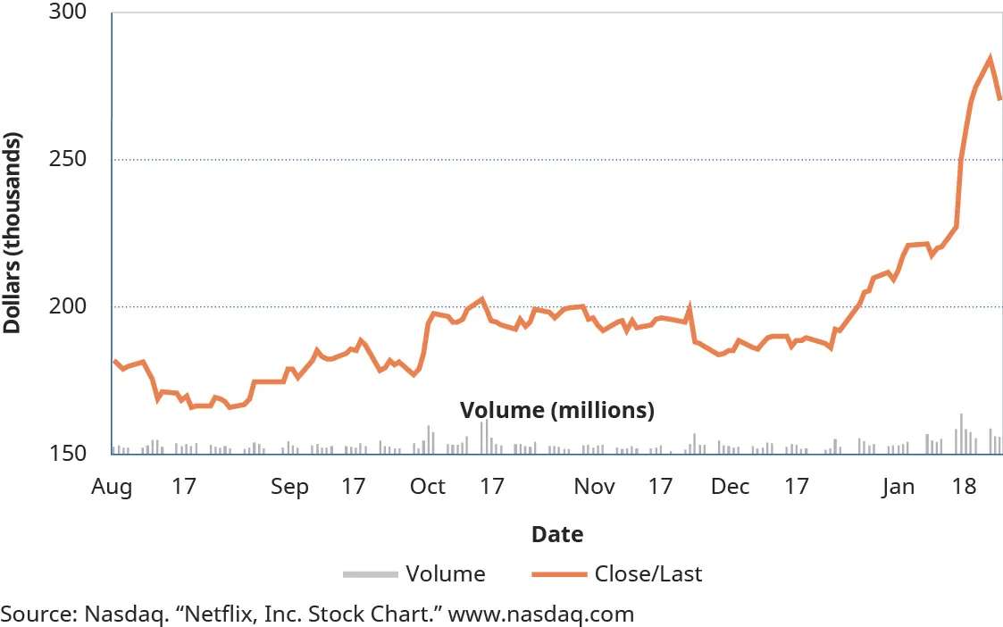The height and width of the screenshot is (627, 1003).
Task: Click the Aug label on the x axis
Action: pos(112,487)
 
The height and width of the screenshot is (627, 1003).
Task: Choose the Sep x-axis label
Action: pos(289,487)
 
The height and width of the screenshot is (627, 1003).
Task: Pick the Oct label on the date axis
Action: pos(428,487)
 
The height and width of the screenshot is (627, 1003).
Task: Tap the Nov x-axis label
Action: pos(594,487)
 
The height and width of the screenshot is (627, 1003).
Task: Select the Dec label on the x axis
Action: pos(731,487)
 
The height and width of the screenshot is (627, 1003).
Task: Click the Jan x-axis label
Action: pos(899,487)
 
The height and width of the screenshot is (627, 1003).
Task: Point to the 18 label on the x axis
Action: pos(964,487)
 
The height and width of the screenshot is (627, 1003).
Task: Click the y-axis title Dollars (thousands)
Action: pos(13,233)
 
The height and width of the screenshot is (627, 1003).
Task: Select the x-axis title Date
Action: pos(557,535)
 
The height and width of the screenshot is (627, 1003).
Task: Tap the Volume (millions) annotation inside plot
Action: pos(557,411)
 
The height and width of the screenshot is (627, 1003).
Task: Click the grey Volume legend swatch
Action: pos(369,573)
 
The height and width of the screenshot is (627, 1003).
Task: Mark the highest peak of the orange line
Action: pos(990,59)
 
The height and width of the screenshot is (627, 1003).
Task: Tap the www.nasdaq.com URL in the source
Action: pos(540,614)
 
